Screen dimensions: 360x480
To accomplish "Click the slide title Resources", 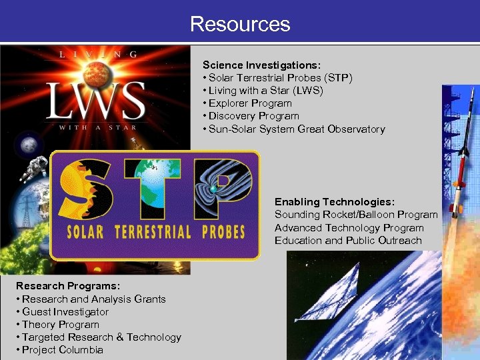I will (x=240, y=24).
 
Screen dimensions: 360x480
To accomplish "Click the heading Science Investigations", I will (x=261, y=65).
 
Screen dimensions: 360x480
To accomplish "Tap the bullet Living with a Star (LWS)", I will (x=265, y=91).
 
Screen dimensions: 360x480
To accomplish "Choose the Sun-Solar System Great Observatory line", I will (x=293, y=129).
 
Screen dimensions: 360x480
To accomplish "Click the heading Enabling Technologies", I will (x=335, y=201).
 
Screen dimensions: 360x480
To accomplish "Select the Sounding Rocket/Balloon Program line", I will (x=356, y=215).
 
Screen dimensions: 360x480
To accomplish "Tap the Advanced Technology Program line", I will (x=349, y=227).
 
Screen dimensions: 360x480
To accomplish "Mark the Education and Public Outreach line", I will (x=348, y=240).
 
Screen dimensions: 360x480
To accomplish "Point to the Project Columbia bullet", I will (x=59, y=350).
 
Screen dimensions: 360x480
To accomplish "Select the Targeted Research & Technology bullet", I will (x=99, y=337).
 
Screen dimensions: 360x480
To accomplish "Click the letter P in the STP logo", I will (x=220, y=189).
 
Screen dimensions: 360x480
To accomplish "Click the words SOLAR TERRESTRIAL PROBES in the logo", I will (x=156, y=233).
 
